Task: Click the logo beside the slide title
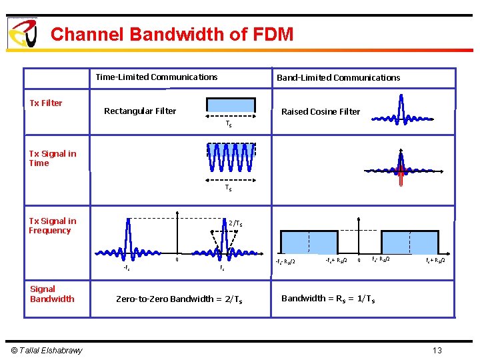pos(22,33)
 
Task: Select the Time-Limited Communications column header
pos(156,77)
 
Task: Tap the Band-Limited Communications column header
pos(338,77)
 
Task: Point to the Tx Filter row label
pos(46,103)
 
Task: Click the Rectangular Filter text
pos(140,111)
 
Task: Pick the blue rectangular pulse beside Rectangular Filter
pos(231,105)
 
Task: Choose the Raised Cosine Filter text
pos(320,111)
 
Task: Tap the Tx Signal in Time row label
pos(53,158)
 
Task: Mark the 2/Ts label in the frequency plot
pos(235,223)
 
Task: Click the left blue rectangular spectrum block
pos(309,241)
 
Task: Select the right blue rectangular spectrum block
pos(409,241)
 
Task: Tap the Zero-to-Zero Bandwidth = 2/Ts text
pos(179,299)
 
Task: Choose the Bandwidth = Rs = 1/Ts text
pos(328,299)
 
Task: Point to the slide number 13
pos(437,351)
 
